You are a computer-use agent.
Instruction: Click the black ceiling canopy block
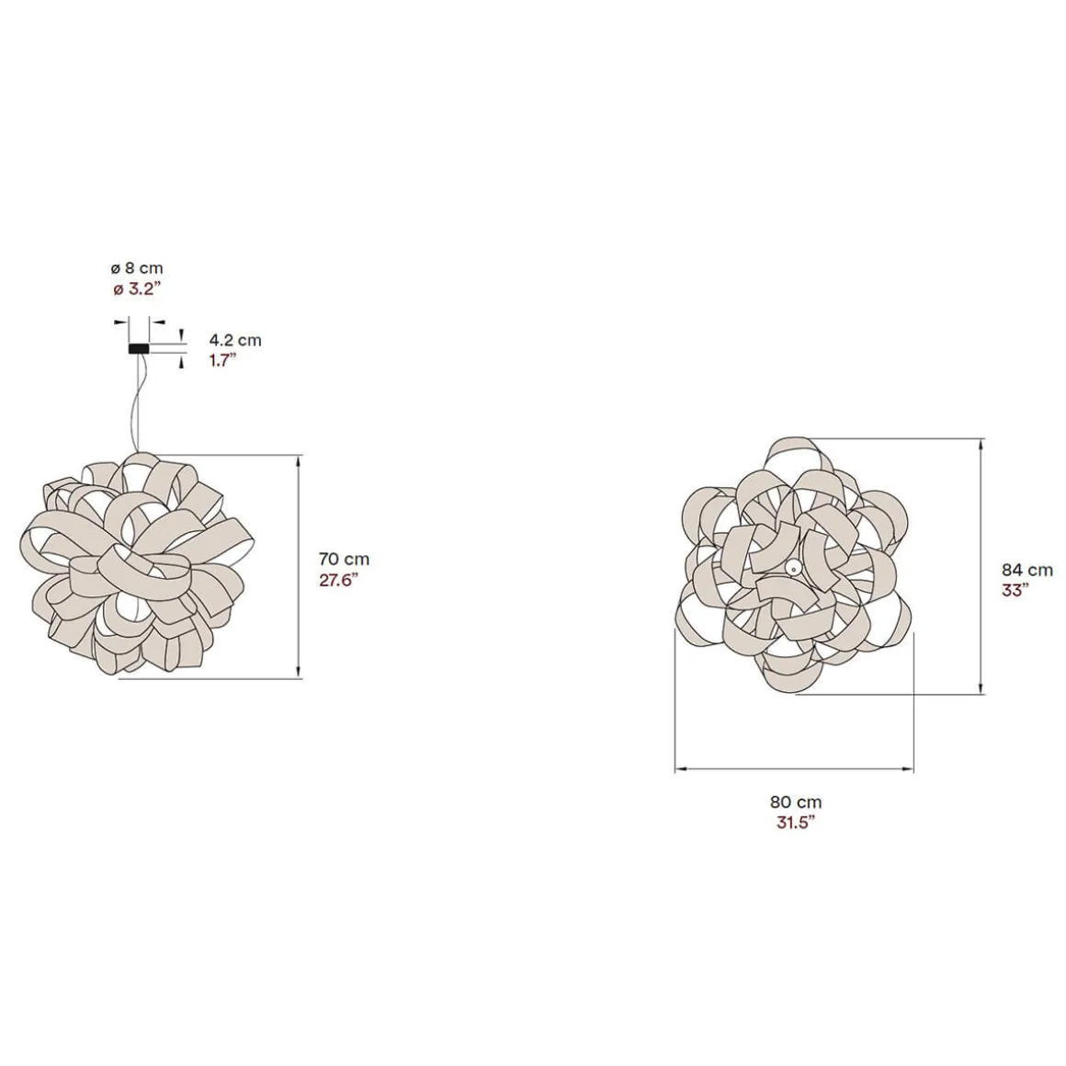pos(139,349)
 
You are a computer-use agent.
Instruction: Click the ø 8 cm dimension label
pos(137,268)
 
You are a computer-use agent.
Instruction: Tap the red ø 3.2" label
pos(137,289)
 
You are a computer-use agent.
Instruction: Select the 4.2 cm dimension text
pos(235,340)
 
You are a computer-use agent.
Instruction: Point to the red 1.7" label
pos(222,360)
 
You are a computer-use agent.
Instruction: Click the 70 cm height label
pos(344,560)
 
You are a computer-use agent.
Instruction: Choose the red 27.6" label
pos(338,581)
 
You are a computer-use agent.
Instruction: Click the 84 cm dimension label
pos(1026,570)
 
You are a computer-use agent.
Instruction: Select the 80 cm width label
pos(796,802)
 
